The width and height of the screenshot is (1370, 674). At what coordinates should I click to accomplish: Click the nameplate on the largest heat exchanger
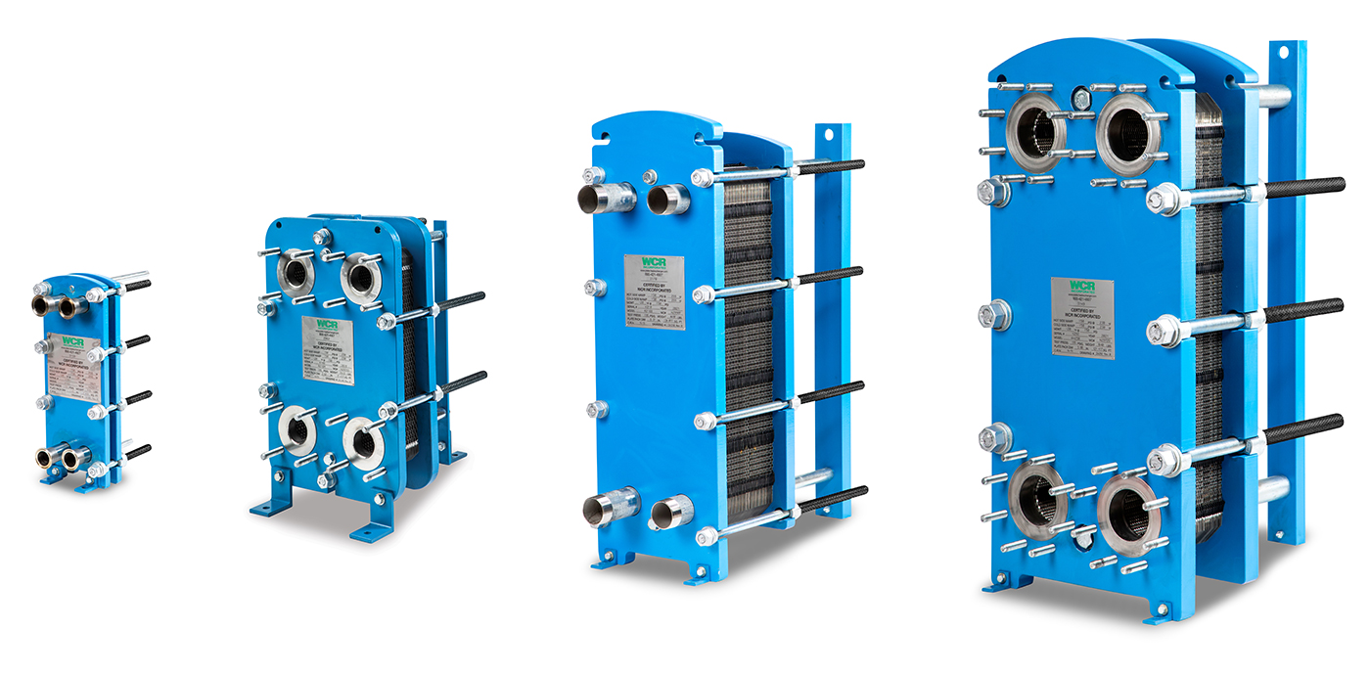(1082, 318)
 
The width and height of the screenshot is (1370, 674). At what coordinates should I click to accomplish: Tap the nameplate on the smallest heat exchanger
(73, 368)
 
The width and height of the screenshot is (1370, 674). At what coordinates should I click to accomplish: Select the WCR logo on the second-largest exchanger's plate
(654, 268)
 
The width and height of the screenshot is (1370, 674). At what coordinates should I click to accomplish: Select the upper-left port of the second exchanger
(296, 272)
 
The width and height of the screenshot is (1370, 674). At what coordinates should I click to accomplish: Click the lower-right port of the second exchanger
(364, 443)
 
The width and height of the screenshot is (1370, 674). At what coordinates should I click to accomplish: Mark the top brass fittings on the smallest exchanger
(61, 306)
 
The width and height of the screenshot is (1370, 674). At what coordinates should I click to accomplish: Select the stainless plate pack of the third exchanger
(749, 342)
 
